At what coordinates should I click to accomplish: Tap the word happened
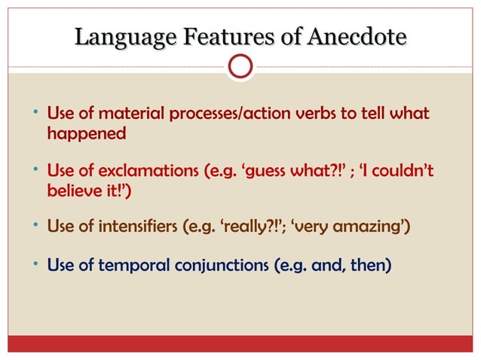pyautogui.click(x=86, y=134)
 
